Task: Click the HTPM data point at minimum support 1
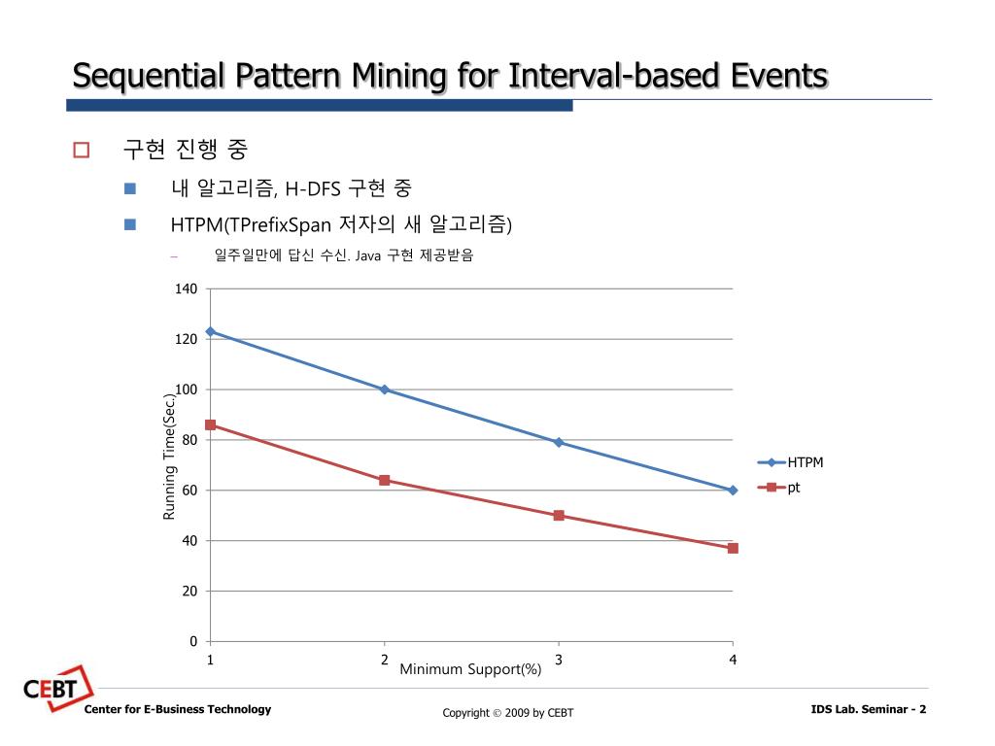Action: coord(210,331)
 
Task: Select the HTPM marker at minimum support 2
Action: coord(385,390)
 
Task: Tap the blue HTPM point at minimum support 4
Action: coord(733,490)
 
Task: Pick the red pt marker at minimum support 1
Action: coord(210,424)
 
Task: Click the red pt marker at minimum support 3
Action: coord(559,515)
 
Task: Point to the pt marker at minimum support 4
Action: coord(733,548)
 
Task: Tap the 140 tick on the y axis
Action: coord(186,288)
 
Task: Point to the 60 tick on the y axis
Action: coord(189,491)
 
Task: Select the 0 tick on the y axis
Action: coord(192,641)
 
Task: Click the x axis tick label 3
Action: coord(559,661)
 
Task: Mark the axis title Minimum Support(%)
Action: coord(470,668)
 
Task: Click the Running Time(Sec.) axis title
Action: coord(169,456)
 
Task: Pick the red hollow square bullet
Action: coord(81,150)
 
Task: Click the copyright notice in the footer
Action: coord(508,713)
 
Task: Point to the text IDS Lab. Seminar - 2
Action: coord(868,709)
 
